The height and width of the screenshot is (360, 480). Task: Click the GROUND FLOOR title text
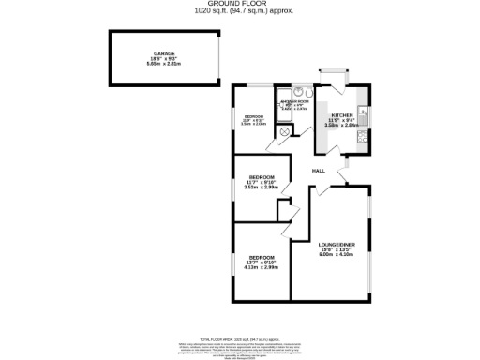point(240,4)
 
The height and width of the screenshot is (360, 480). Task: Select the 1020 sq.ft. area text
point(240,11)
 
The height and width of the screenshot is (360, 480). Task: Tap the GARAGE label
point(165,55)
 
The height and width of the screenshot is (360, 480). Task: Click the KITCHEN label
point(341,114)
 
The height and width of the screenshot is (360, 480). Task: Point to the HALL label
point(319,171)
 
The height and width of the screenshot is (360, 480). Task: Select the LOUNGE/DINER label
point(335,242)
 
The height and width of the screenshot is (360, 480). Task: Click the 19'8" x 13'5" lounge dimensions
point(335,248)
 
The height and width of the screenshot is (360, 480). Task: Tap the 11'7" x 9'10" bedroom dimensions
point(262,182)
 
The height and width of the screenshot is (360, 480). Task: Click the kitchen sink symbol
point(362,115)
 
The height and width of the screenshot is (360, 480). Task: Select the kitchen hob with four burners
point(362,142)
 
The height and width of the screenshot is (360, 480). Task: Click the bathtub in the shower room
point(301,92)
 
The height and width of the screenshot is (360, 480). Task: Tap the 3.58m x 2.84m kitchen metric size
point(341,126)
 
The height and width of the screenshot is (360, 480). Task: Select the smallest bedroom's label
point(254,115)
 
